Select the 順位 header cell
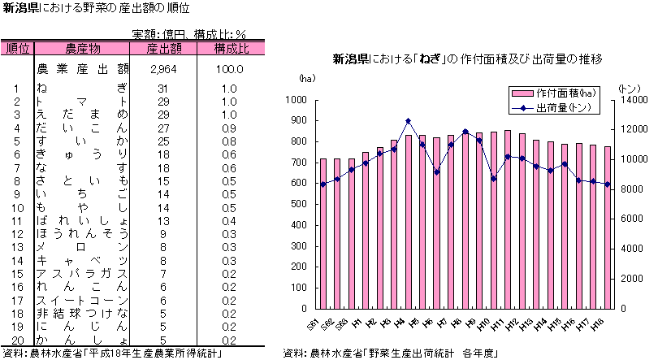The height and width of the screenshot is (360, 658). pos(17,49)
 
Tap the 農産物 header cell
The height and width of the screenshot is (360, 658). pos(82,49)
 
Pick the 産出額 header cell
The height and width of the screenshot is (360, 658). pos(163,49)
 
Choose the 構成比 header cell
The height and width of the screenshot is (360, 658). pos(231,49)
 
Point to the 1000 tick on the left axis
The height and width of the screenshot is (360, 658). pos(295,100)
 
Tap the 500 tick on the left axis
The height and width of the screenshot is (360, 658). pos(297,204)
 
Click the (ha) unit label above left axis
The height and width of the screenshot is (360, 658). pos(306,79)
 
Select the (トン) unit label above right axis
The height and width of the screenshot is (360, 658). pos(629,87)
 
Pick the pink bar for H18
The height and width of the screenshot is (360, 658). pos(607,228)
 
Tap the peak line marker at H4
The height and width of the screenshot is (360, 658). pos(408,121)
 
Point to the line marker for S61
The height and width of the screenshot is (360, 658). pos(323,184)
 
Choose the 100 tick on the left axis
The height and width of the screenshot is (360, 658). pos(297,288)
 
